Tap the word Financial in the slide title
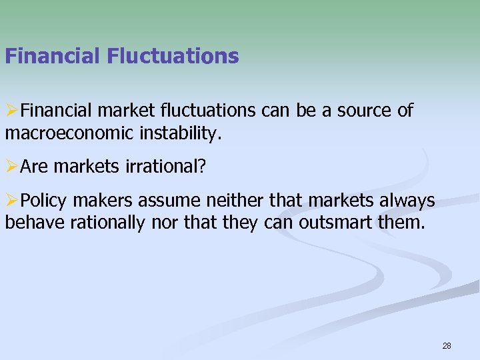[x=53, y=56]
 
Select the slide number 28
[x=447, y=346]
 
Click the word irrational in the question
[x=163, y=167]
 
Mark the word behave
[x=31, y=223]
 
